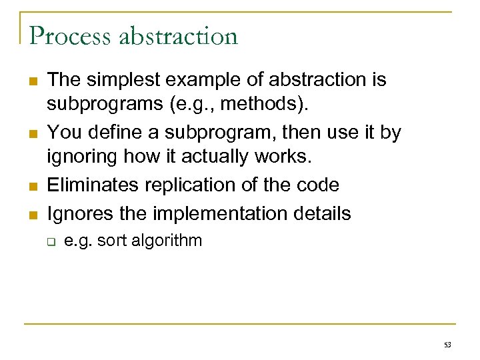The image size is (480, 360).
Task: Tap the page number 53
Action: (447, 345)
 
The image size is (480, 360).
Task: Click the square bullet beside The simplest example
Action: (32, 81)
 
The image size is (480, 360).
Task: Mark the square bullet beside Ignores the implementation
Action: (32, 214)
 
